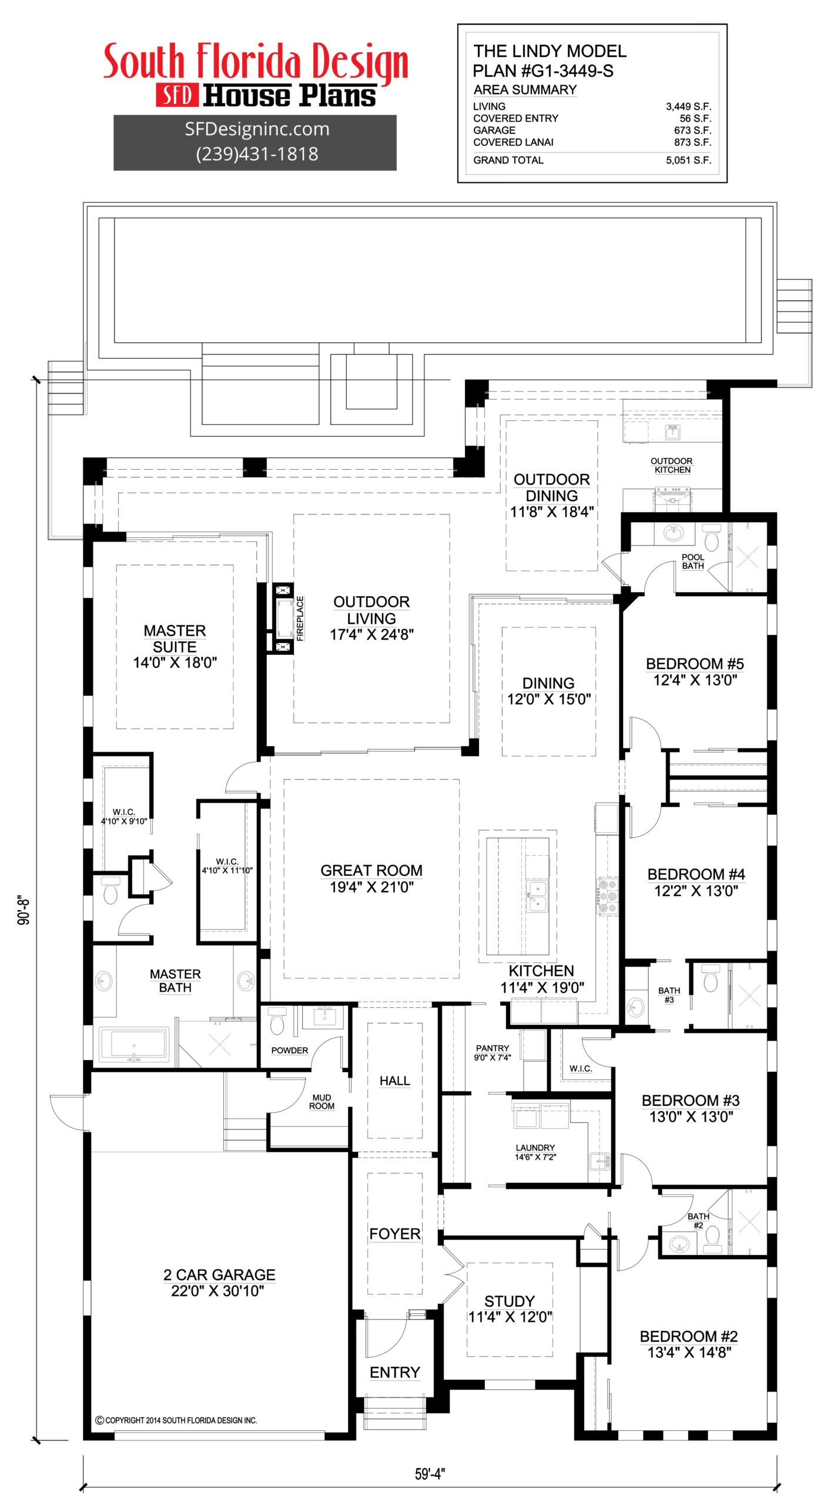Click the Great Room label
tap(371, 878)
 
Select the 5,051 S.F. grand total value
tap(688, 160)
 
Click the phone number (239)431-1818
tap(257, 154)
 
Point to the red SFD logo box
tap(176, 95)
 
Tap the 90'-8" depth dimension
tap(24, 911)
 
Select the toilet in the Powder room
tap(277, 1022)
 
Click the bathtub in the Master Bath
tap(134, 1044)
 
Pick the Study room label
tap(509, 1309)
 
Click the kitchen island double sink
tap(537, 895)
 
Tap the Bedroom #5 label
tap(695, 671)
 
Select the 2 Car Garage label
tap(219, 1282)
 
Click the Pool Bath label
tap(692, 561)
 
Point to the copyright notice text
tap(176, 1420)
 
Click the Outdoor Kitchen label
tap(671, 465)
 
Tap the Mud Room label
tap(321, 1101)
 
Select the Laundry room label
tap(535, 1151)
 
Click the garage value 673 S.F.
tap(692, 131)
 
